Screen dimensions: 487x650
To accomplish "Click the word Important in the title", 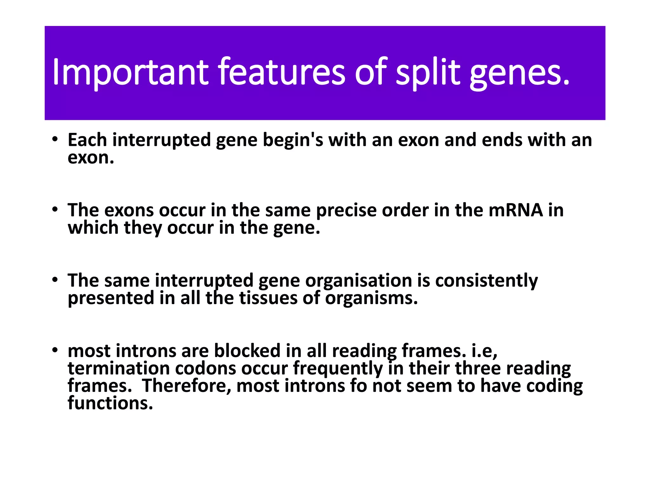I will (x=130, y=72).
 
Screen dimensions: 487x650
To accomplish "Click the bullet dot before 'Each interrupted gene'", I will (x=55, y=140).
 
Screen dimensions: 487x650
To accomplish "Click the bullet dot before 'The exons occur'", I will (x=55, y=210).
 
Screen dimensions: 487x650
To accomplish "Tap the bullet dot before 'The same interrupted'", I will (x=55, y=280).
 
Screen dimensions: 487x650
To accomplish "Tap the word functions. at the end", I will (x=110, y=403).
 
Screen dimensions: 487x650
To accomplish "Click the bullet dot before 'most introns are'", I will (x=55, y=350).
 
